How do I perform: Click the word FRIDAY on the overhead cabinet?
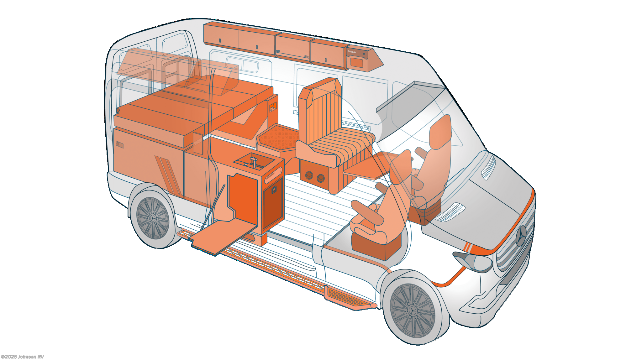(352, 52)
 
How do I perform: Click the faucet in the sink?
(254, 162)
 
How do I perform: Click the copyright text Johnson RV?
(23, 357)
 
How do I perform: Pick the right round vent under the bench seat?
(320, 178)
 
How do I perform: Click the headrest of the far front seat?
(440, 130)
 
